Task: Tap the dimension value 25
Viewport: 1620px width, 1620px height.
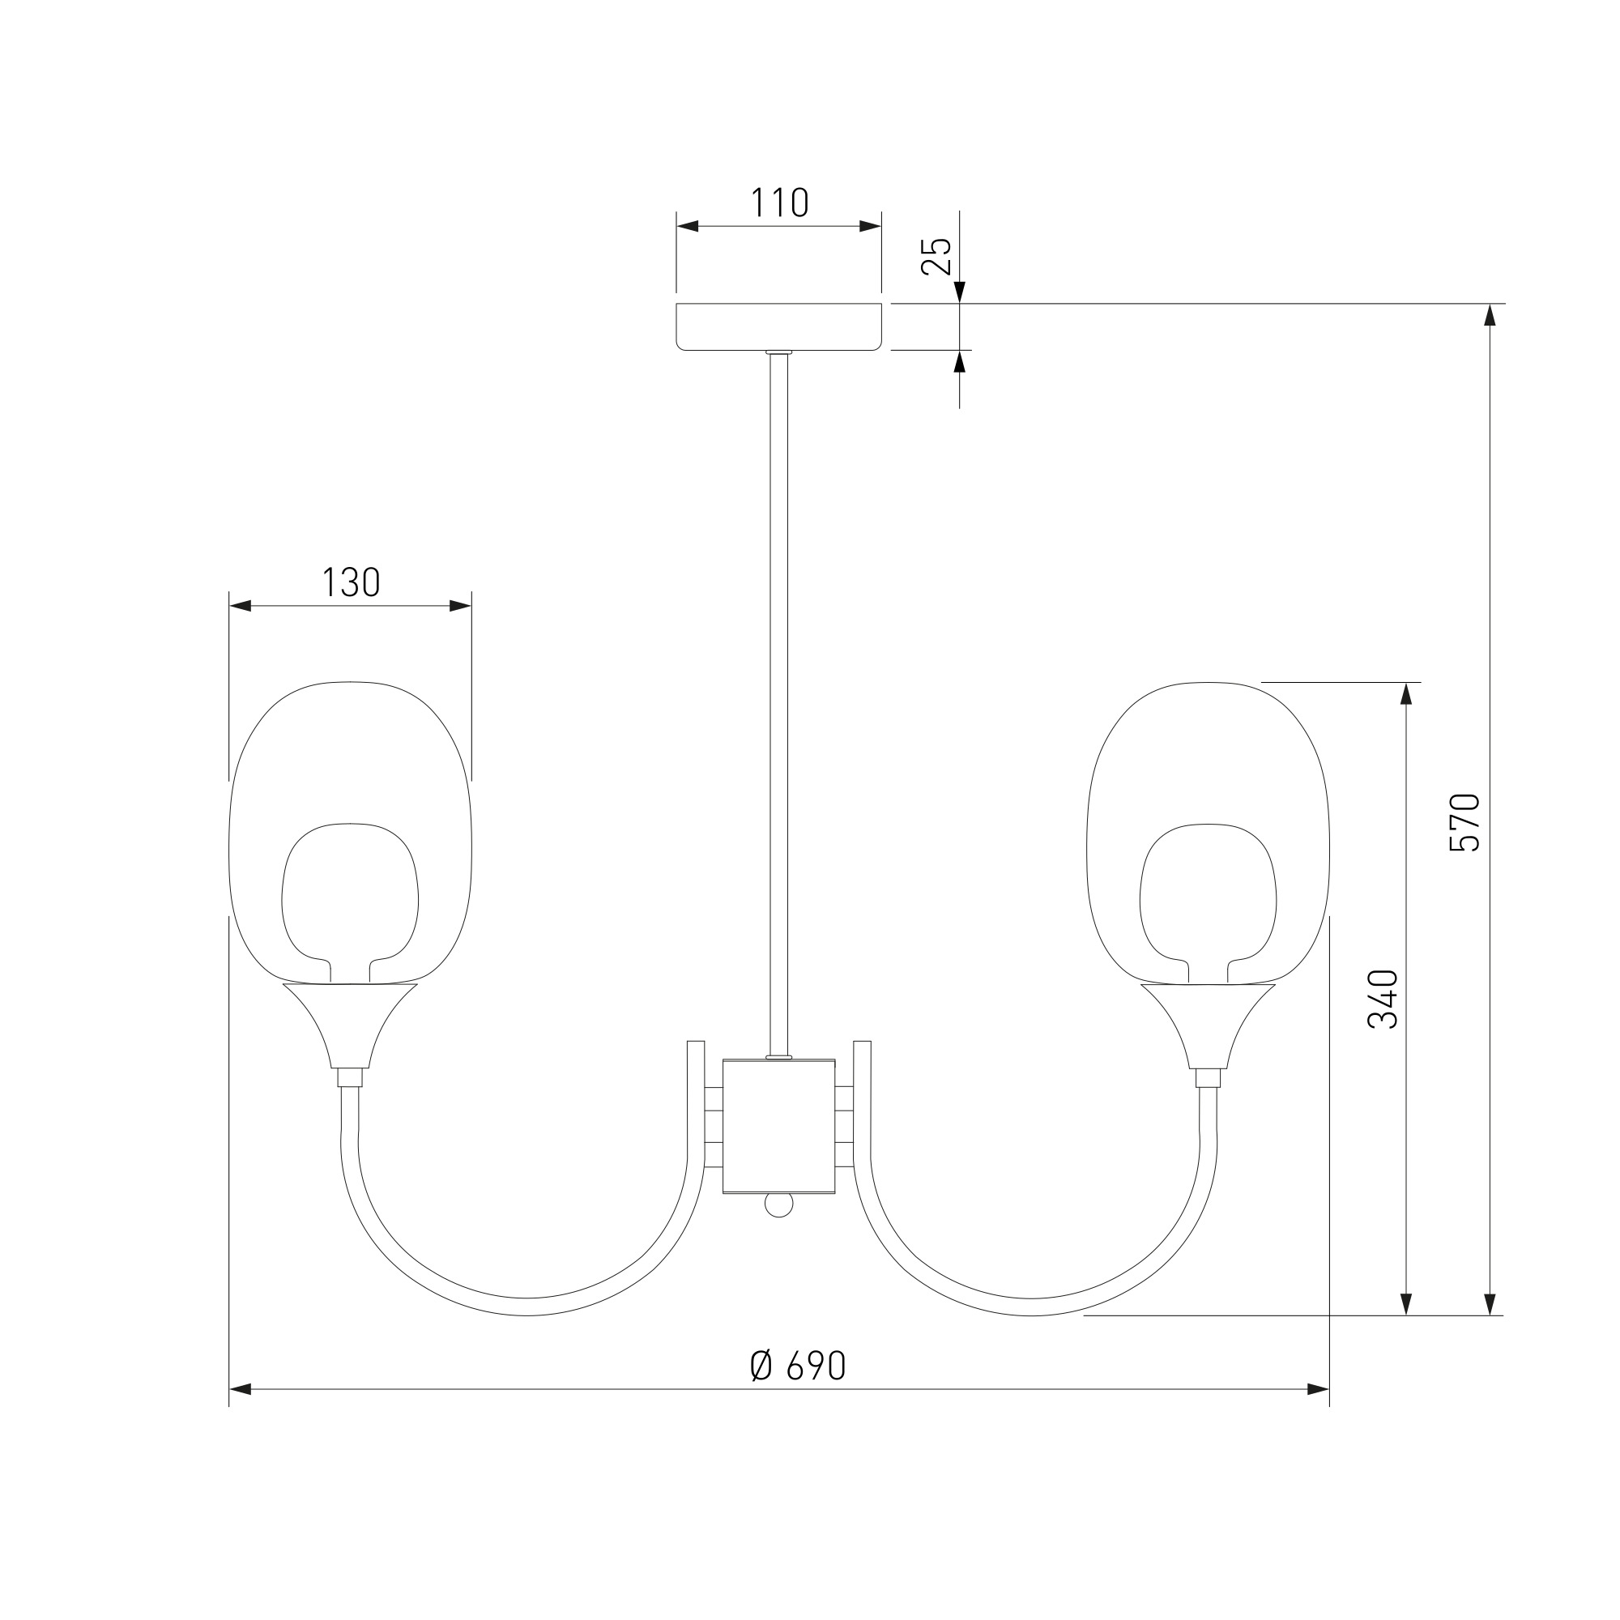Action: [936, 256]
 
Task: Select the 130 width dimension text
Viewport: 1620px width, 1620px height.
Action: [352, 582]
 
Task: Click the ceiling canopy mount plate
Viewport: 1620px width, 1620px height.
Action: [779, 326]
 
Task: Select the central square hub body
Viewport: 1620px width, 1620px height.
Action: [779, 1126]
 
